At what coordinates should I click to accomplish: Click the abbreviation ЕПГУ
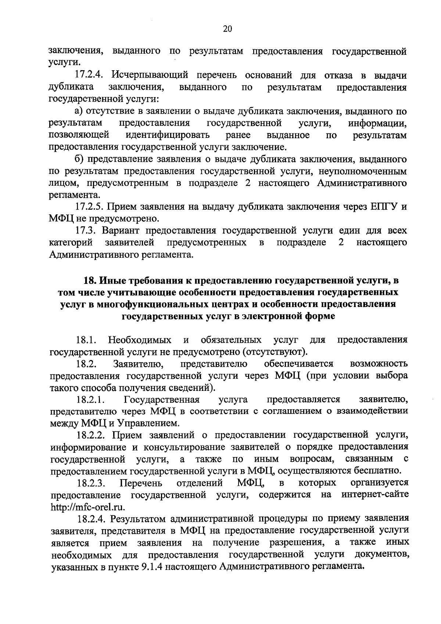385,207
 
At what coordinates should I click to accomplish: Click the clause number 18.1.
86,340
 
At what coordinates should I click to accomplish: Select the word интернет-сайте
375,495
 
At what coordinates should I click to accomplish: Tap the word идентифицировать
168,135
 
